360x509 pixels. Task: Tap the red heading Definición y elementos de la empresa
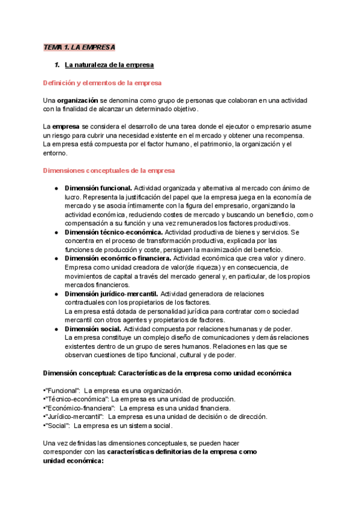click(103, 82)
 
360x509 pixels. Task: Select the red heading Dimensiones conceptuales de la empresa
click(109, 170)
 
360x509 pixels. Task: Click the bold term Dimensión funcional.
click(98, 188)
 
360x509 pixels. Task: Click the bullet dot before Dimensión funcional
click(56, 188)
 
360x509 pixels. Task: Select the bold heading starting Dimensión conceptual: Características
click(168, 373)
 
